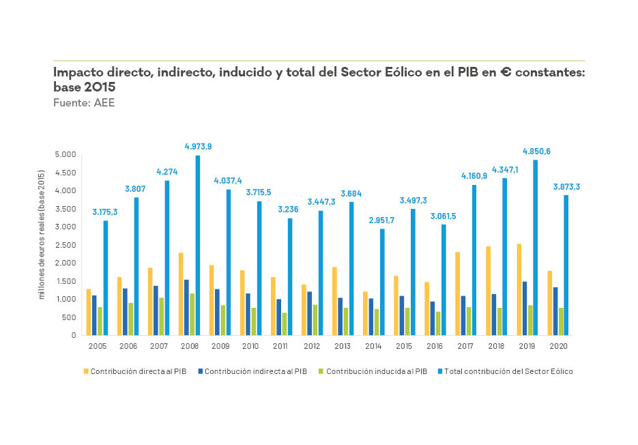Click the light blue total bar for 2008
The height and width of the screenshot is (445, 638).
(198, 246)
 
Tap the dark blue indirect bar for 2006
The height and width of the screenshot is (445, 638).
(125, 312)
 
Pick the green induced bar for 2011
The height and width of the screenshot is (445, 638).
(285, 324)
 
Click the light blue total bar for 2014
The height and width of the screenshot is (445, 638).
(382, 282)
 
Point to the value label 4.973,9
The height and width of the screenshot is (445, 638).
(198, 146)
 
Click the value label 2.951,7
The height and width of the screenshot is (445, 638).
(381, 220)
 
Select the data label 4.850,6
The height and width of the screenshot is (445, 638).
(536, 151)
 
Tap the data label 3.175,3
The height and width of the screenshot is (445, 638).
(105, 212)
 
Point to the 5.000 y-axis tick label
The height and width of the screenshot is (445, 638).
(66, 155)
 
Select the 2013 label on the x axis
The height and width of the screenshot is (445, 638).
(343, 347)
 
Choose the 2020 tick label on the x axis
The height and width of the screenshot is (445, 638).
(557, 347)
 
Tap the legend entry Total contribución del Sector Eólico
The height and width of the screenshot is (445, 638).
(508, 372)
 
